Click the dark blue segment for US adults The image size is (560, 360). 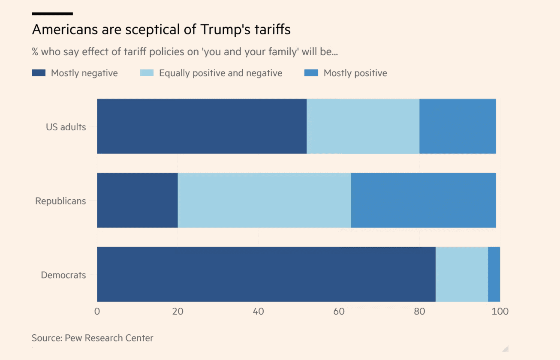pyautogui.click(x=202, y=126)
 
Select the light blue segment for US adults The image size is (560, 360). pyautogui.click(x=363, y=126)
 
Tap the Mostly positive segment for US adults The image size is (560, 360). pyautogui.click(x=458, y=126)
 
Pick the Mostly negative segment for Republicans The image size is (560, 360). pyautogui.click(x=137, y=200)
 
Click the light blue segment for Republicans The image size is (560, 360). pyautogui.click(x=264, y=200)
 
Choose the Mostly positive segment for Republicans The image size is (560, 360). pyautogui.click(x=424, y=200)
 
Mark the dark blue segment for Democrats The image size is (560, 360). pyautogui.click(x=266, y=274)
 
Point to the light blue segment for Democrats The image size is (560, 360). pyautogui.click(x=462, y=274)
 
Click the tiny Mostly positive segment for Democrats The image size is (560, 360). pyautogui.click(x=494, y=274)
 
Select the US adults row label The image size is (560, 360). pyautogui.click(x=66, y=127)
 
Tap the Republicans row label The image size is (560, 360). pyautogui.click(x=60, y=201)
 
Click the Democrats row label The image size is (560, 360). pyautogui.click(x=63, y=275)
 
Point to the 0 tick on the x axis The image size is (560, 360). pyautogui.click(x=97, y=312)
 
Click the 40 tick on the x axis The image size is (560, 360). pyautogui.click(x=258, y=312)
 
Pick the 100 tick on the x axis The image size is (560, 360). pyautogui.click(x=500, y=312)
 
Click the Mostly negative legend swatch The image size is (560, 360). pyautogui.click(x=39, y=73)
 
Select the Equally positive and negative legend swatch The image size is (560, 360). pyautogui.click(x=147, y=73)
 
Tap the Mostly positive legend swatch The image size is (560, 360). pyautogui.click(x=311, y=73)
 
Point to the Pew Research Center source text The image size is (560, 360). pyautogui.click(x=109, y=338)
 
